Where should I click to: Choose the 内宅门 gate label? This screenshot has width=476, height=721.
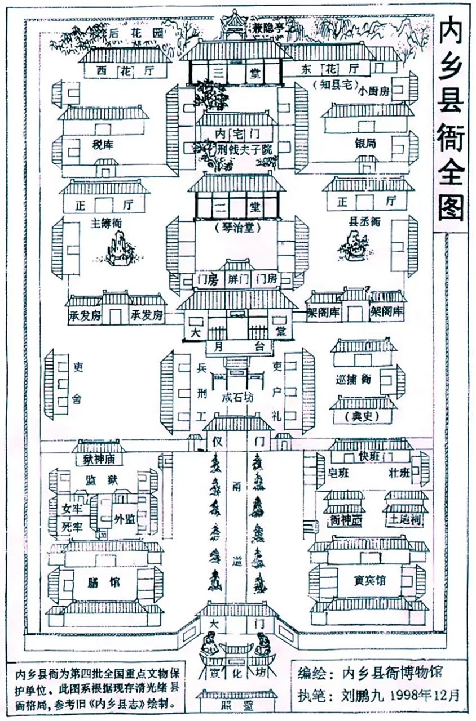237,133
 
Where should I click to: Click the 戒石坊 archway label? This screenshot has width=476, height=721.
237,398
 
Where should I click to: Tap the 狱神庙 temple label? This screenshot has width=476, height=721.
99,459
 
